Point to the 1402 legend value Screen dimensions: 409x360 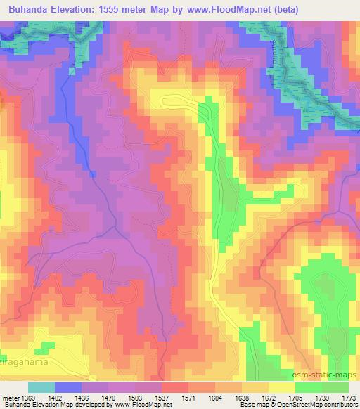click(x=69, y=398)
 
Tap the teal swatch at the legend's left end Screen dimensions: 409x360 click(x=41, y=387)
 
